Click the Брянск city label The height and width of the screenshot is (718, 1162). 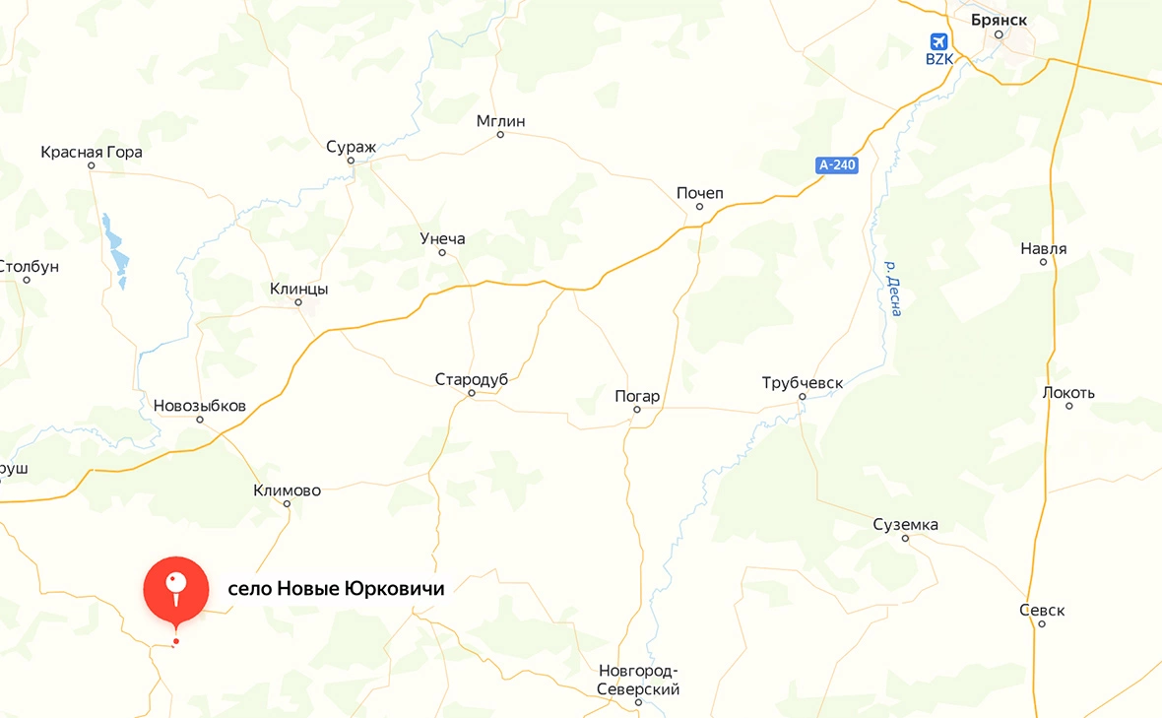[x=999, y=19]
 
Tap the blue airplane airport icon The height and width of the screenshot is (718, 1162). [x=938, y=42]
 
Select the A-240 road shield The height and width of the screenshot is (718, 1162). [x=837, y=164]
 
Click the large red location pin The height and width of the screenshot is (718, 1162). [x=176, y=589]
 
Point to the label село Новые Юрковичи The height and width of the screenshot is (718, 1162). [x=336, y=589]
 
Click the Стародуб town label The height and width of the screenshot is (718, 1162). [x=471, y=379]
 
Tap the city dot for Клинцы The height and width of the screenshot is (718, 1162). [x=298, y=302]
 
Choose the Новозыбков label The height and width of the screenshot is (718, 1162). [x=200, y=406]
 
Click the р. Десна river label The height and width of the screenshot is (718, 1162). [x=892, y=288]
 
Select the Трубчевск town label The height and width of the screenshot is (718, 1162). [x=803, y=382]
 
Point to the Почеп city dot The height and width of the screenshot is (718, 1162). [x=700, y=207]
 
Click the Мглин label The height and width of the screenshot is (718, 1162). [x=500, y=121]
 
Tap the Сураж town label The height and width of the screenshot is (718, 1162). [x=352, y=147]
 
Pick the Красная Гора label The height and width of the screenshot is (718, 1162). [x=92, y=152]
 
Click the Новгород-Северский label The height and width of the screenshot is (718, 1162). [x=638, y=681]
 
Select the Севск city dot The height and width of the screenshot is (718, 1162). [x=1042, y=623]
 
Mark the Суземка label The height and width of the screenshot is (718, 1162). [x=905, y=524]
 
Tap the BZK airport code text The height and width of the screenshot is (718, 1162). [x=939, y=60]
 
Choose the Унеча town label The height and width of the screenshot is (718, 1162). [x=442, y=239]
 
